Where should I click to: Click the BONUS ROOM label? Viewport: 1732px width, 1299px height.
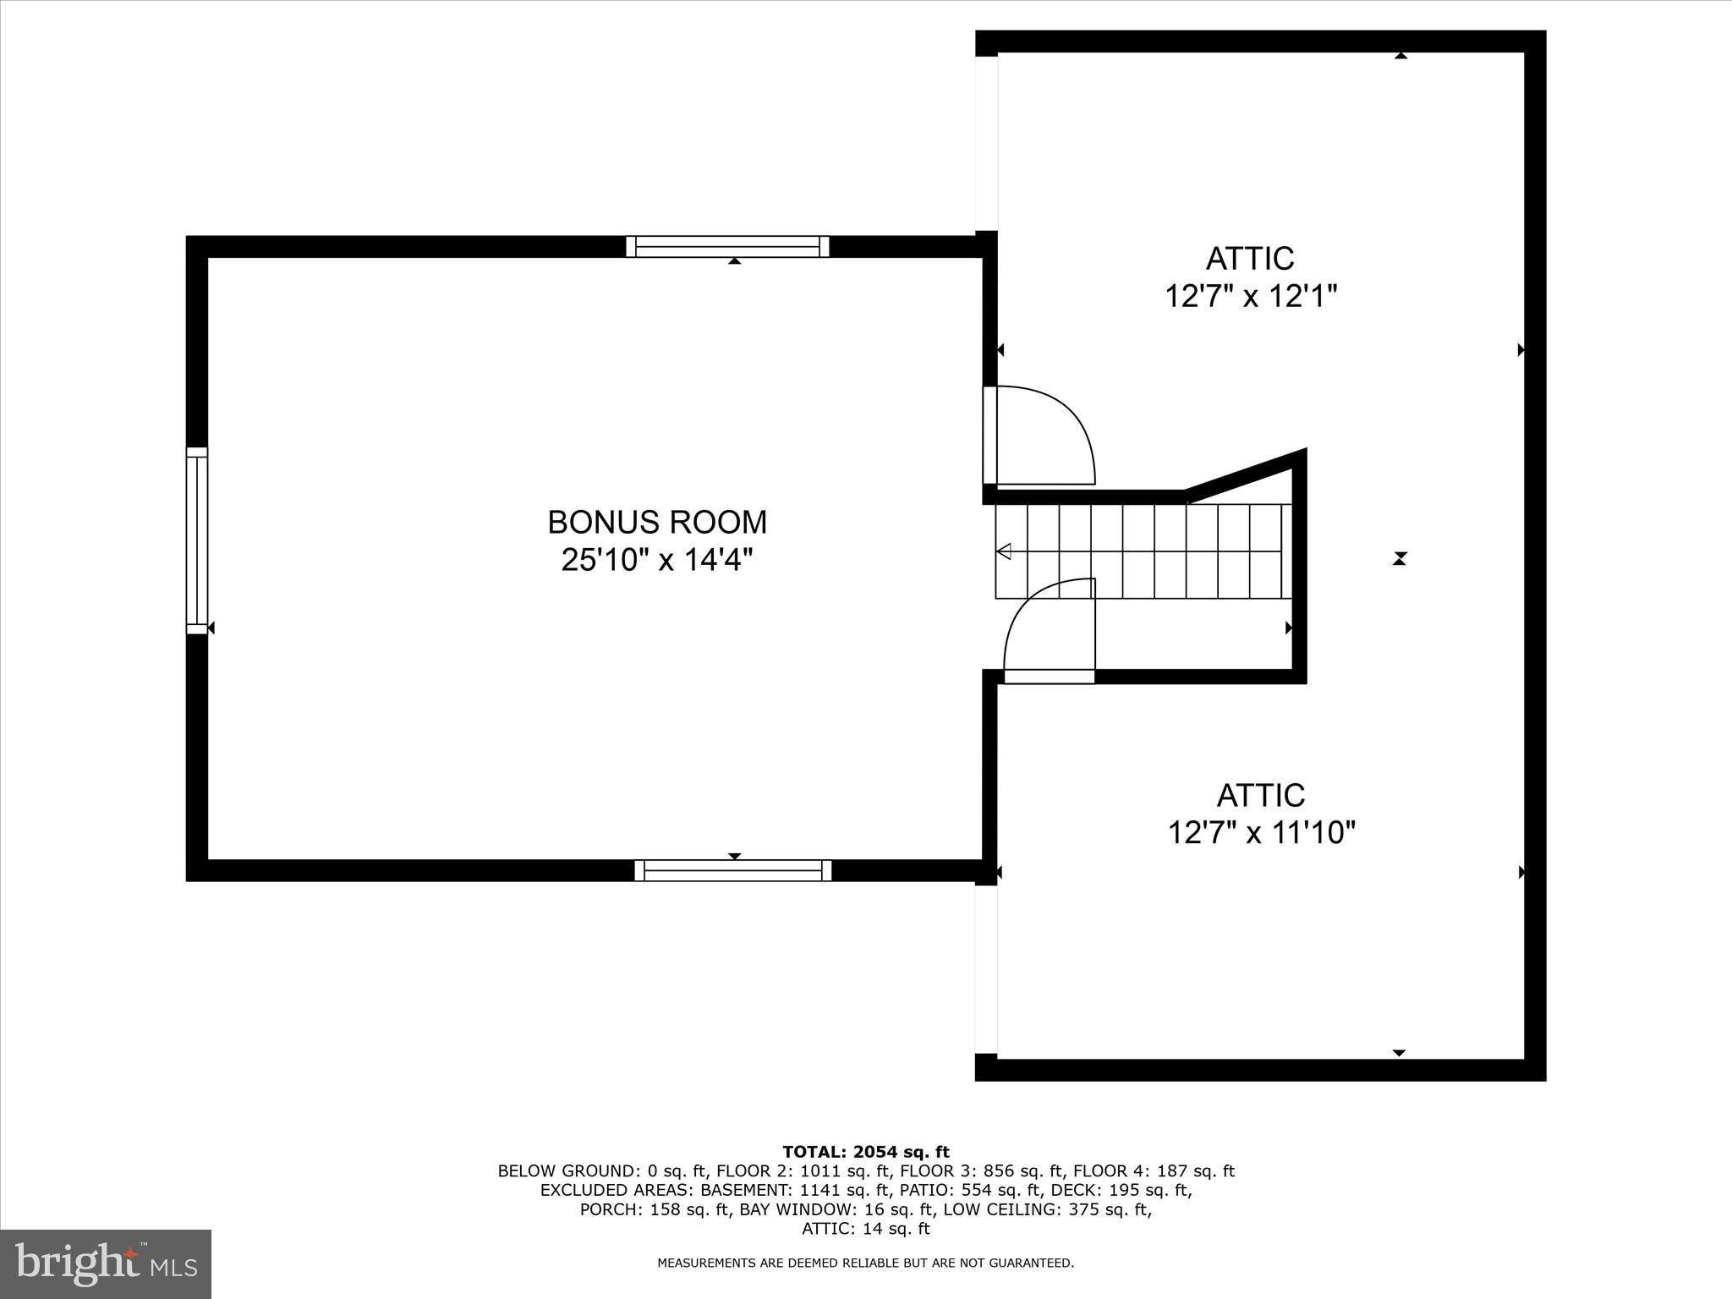(x=657, y=523)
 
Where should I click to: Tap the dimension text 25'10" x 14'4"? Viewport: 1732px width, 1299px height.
(x=657, y=560)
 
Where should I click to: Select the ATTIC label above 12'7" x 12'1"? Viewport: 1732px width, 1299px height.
(x=1250, y=259)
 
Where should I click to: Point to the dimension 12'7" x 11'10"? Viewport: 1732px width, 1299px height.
(x=1261, y=833)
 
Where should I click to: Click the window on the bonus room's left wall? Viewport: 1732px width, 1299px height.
(x=196, y=540)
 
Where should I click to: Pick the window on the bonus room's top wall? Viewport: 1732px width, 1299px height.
(x=727, y=246)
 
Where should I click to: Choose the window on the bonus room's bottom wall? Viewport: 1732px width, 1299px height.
(x=733, y=870)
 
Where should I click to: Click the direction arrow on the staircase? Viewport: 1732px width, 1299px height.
(x=1005, y=552)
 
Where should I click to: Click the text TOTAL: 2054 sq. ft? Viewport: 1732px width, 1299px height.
(x=866, y=1152)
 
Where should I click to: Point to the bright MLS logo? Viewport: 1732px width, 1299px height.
(x=105, y=1263)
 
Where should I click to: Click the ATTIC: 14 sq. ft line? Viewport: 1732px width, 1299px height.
(x=866, y=1229)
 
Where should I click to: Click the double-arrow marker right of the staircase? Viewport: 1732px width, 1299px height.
(x=1400, y=558)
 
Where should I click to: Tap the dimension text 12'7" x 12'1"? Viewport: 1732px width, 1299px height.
(x=1251, y=297)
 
